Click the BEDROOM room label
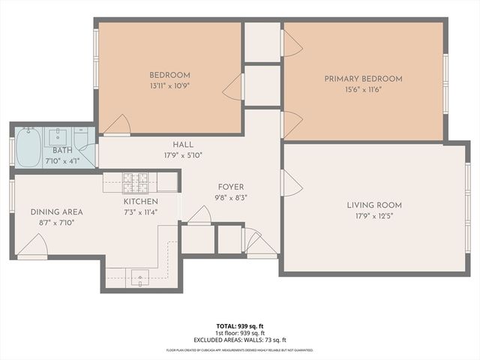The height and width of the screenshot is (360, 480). [169, 75]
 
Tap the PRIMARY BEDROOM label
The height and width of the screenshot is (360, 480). [363, 79]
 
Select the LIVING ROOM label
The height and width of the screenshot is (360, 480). [374, 205]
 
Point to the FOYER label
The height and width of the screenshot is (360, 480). [231, 187]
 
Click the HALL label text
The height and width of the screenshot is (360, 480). [182, 145]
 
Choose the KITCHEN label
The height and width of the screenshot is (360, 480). [141, 202]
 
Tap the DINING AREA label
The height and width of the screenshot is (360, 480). [57, 212]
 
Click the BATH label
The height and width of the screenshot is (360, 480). [62, 151]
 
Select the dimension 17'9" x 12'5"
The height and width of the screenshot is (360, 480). [374, 216]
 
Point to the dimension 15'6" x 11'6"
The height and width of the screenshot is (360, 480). [363, 90]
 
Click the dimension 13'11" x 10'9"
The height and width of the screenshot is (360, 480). [169, 86]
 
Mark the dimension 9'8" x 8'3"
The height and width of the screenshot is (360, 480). [231, 198]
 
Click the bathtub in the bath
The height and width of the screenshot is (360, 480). [28, 147]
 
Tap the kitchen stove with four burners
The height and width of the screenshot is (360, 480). [136, 180]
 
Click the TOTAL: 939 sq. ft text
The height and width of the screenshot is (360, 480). [240, 326]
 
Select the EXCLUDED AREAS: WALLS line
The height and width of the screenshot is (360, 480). [240, 339]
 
